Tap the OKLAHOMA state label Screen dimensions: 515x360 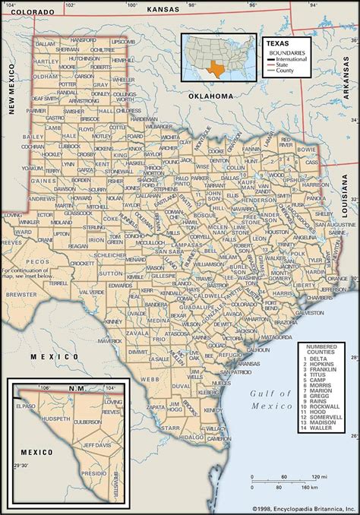[209, 96]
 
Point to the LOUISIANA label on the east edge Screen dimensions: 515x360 [346, 197]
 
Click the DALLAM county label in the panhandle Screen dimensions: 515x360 [46, 45]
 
